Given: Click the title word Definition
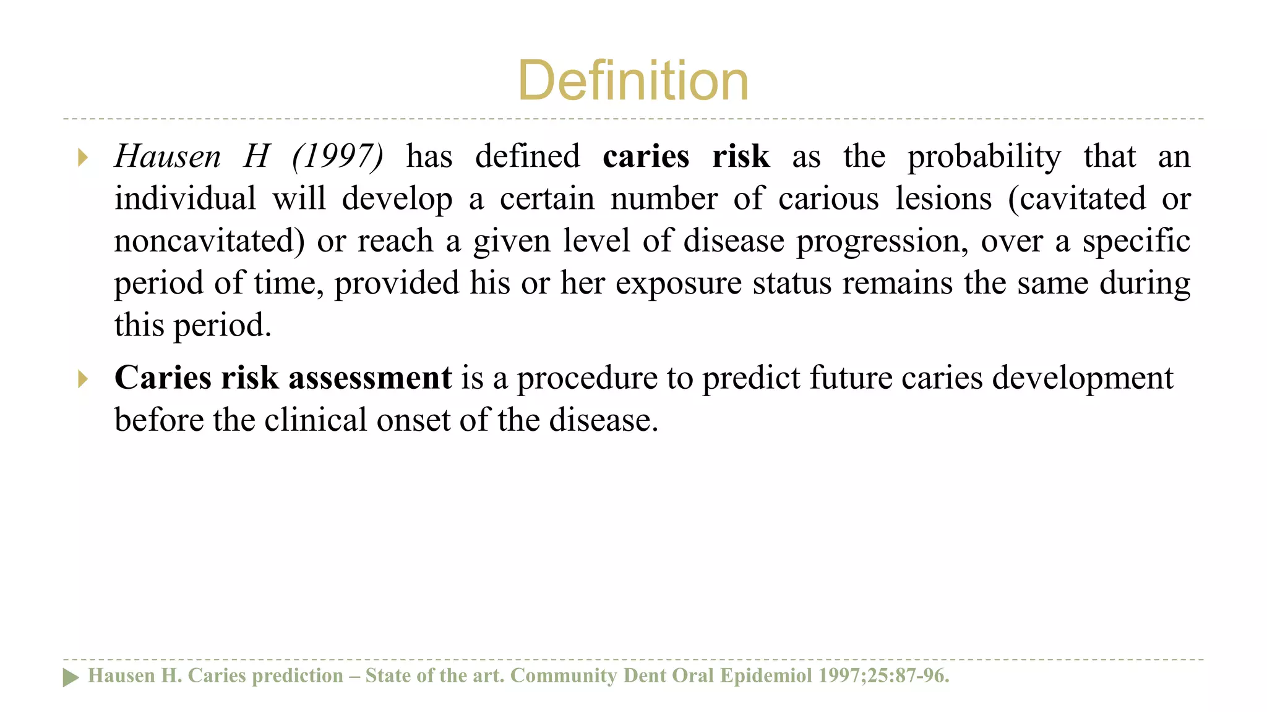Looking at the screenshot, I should pyautogui.click(x=633, y=81).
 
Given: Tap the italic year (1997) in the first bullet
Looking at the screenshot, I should pyautogui.click(x=338, y=156).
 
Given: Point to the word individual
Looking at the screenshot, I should pyautogui.click(x=185, y=199).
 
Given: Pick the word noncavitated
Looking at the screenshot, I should pyautogui.click(x=209, y=241).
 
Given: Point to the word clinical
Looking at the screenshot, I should pyautogui.click(x=316, y=420).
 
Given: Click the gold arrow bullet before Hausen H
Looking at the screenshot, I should pyautogui.click(x=83, y=158).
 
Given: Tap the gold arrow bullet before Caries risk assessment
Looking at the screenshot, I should pyautogui.click(x=83, y=379).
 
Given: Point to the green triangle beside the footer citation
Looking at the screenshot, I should pyautogui.click(x=71, y=677).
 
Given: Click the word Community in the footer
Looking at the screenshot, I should pyautogui.click(x=563, y=676).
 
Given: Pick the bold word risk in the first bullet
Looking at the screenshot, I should pyautogui.click(x=741, y=156).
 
